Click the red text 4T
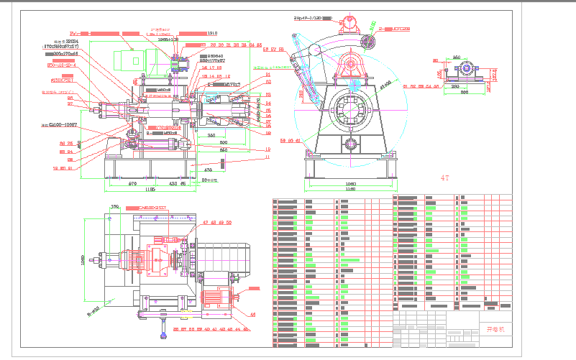tap(447, 176)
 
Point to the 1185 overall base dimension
tap(150, 190)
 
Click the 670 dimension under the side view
tap(132, 183)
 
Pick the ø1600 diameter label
tap(386, 86)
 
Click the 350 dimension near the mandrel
tap(211, 135)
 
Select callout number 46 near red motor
tap(252, 314)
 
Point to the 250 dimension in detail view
tap(456, 57)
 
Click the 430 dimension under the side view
tap(172, 183)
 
